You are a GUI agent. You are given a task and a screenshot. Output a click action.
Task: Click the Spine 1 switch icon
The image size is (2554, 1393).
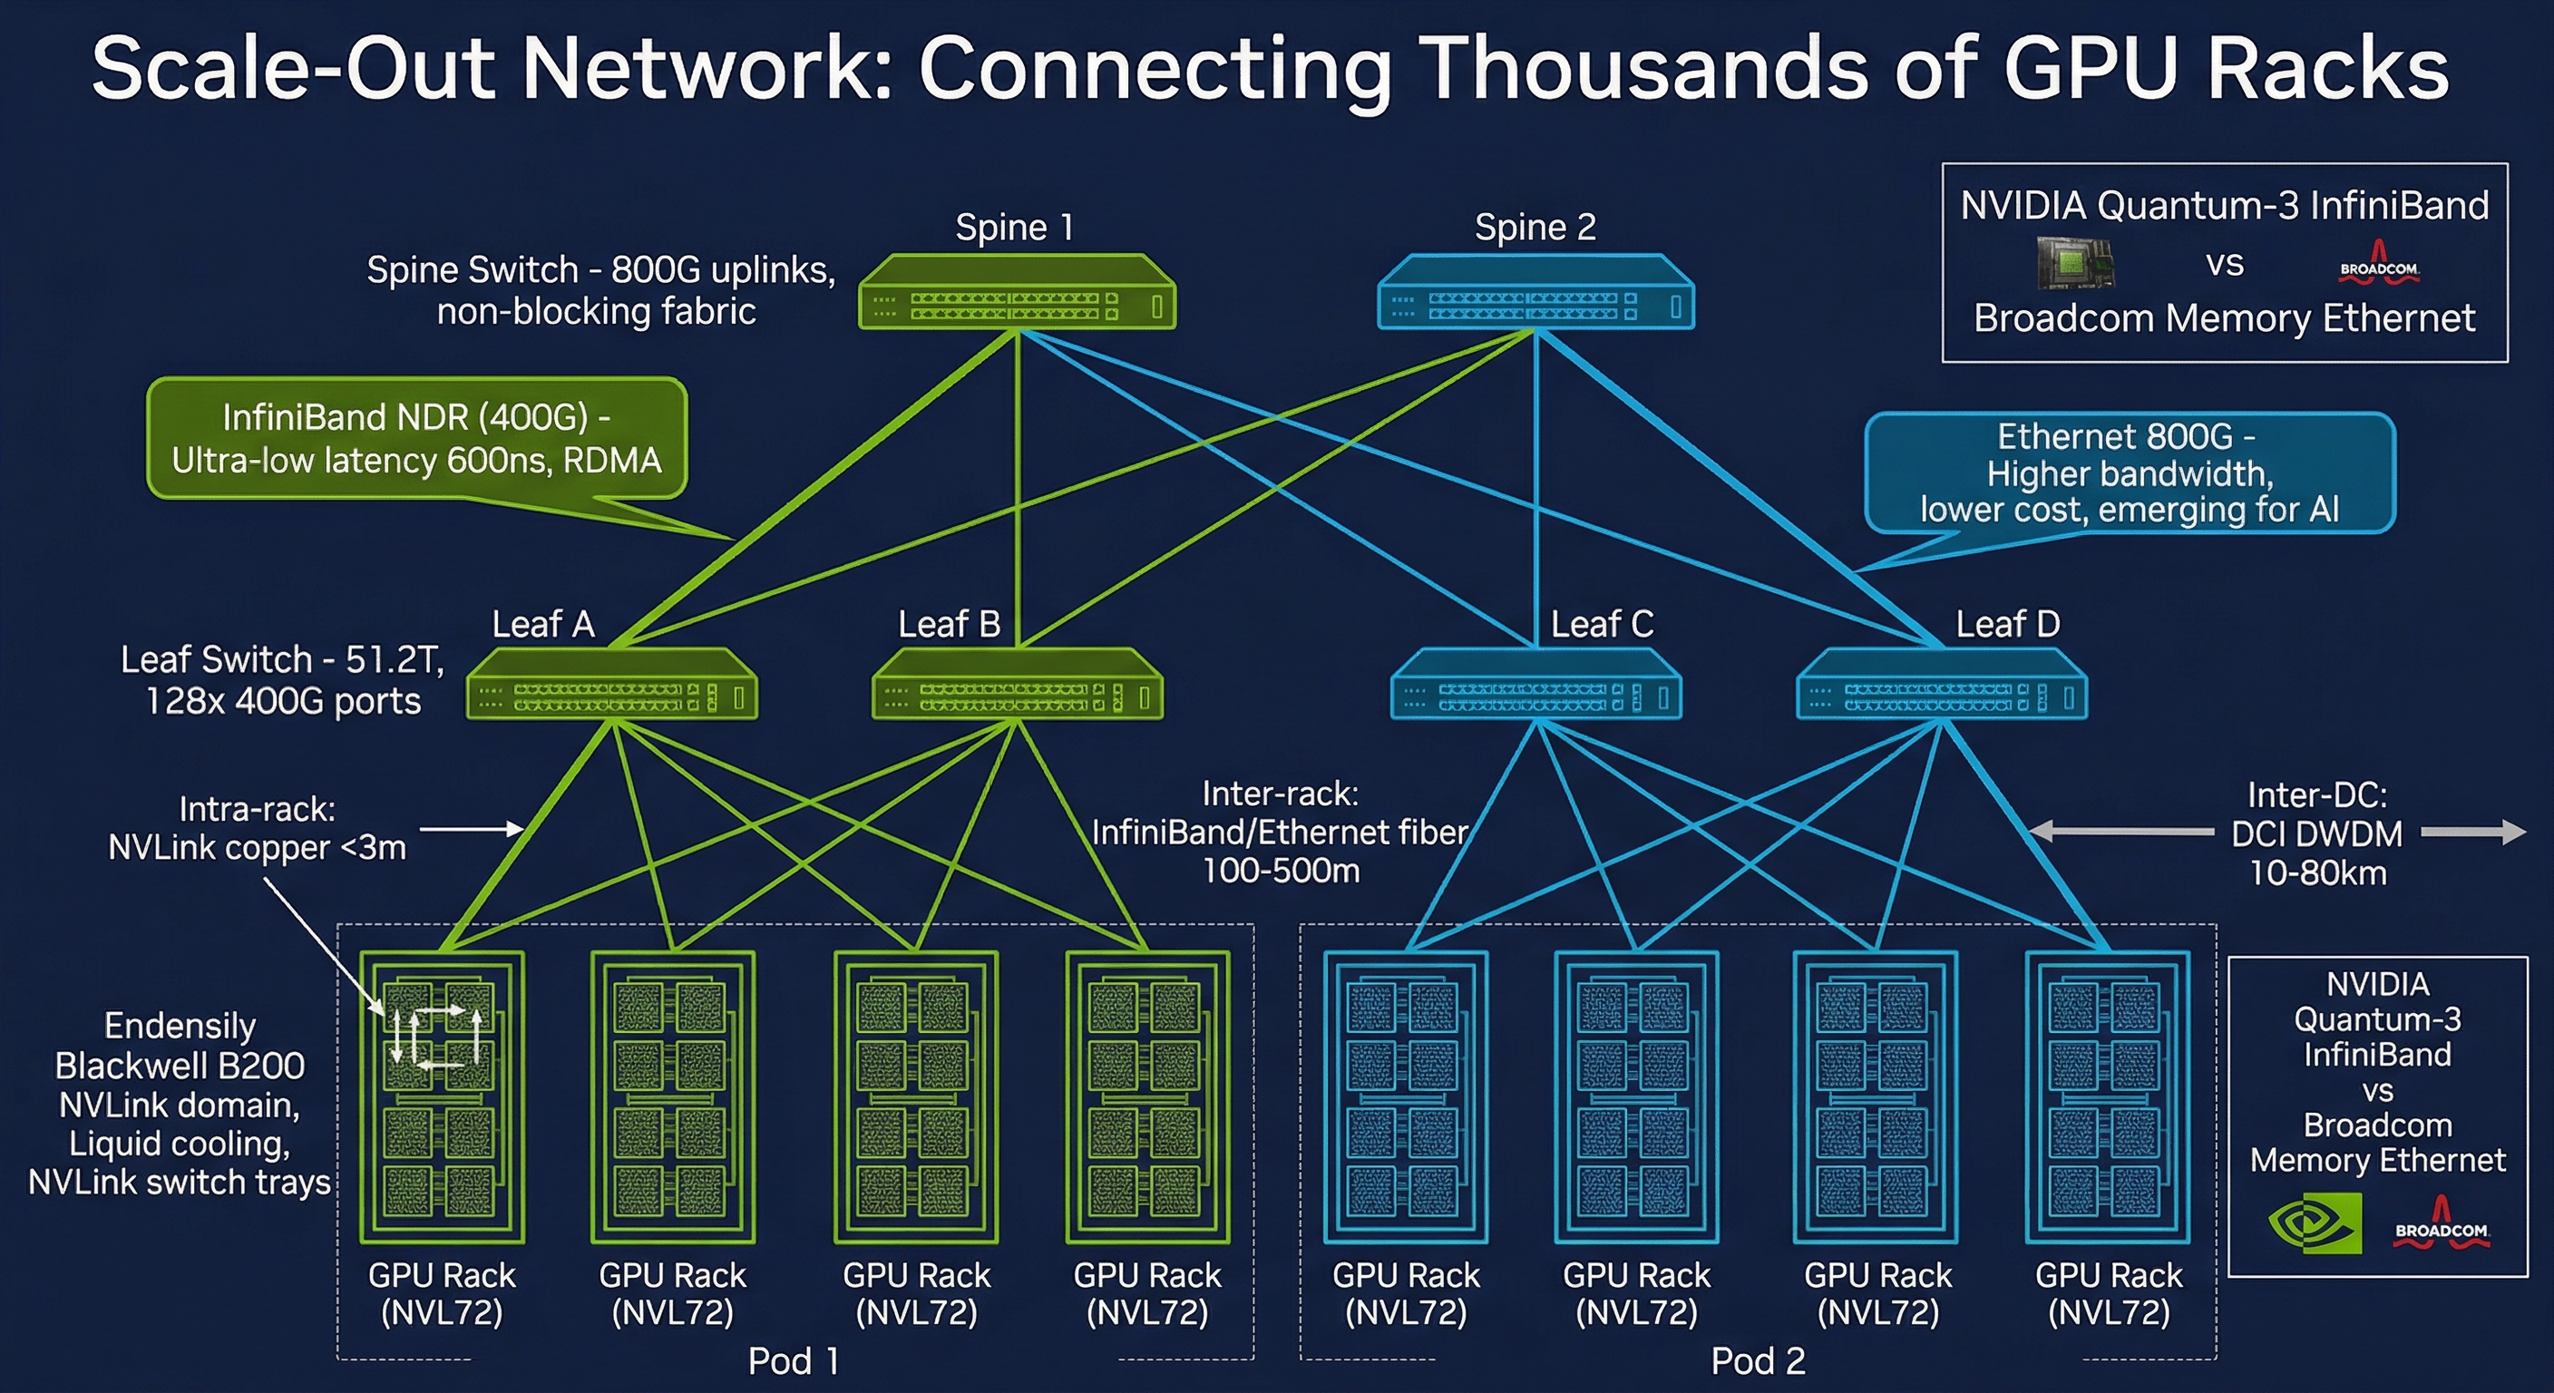coord(1016,294)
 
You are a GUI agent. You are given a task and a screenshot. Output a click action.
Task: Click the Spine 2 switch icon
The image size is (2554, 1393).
coord(1535,294)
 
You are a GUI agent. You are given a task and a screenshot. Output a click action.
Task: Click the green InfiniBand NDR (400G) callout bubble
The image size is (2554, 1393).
coord(416,438)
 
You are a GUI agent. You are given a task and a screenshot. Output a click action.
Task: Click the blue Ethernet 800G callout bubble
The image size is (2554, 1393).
coord(2129,472)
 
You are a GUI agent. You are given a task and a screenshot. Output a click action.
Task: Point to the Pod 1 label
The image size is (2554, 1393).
coord(794,1361)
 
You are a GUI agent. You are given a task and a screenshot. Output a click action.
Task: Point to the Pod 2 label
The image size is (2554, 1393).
coord(1758,1361)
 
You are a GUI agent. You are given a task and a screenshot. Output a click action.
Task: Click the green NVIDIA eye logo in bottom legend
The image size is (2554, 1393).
coord(2314,1223)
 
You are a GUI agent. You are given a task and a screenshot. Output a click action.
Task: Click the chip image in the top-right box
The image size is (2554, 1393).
coord(2074,264)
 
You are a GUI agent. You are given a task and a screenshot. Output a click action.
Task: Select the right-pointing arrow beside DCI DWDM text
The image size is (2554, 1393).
coord(2473,833)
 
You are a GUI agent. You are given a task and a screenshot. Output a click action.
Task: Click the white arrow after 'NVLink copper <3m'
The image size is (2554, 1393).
coord(472,828)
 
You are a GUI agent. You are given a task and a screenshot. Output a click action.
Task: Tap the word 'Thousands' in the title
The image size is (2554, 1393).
coord(1646,70)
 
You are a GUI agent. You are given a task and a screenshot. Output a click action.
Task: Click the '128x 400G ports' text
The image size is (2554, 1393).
coord(284,701)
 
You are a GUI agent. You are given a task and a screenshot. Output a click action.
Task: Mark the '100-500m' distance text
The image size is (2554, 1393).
coord(1281,871)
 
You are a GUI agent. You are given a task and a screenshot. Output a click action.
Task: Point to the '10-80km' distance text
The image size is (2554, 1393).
coord(2317,872)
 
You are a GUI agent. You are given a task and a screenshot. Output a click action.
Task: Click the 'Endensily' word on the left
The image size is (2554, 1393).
coord(180,1025)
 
